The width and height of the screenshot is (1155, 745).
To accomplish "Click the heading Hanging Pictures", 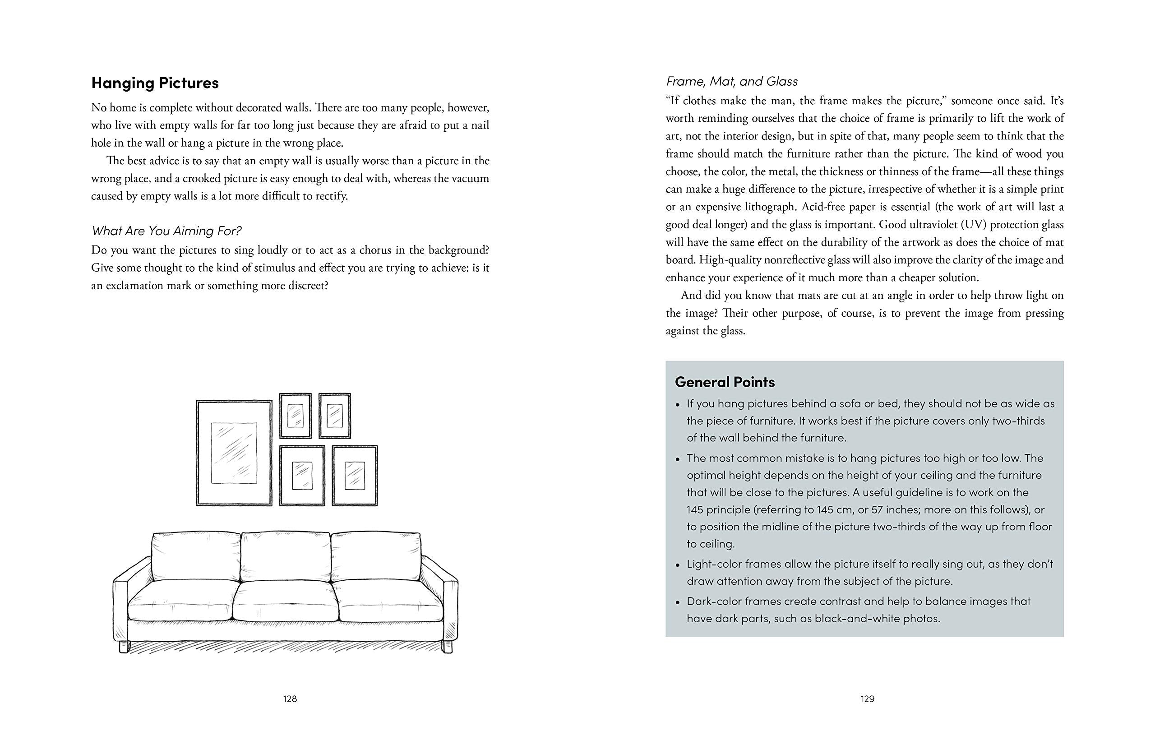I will pyautogui.click(x=155, y=83).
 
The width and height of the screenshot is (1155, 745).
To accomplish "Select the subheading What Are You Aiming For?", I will pyautogui.click(x=166, y=231).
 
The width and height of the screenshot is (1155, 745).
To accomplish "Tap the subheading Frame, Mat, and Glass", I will pyautogui.click(x=731, y=81).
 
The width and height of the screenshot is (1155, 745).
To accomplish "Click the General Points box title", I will pyautogui.click(x=725, y=382).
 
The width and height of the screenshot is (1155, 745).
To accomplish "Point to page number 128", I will pyautogui.click(x=290, y=699).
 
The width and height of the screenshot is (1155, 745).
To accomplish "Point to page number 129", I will pyautogui.click(x=867, y=699).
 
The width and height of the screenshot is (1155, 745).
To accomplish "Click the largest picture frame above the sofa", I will pyautogui.click(x=234, y=453).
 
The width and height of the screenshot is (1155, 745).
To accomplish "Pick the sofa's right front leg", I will pyautogui.click(x=448, y=647).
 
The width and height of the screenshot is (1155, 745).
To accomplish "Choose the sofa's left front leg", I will pyautogui.click(x=124, y=647).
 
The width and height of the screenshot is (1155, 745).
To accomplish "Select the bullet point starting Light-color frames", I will pyautogui.click(x=869, y=572).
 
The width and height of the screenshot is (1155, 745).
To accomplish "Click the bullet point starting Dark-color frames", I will pyautogui.click(x=859, y=610).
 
